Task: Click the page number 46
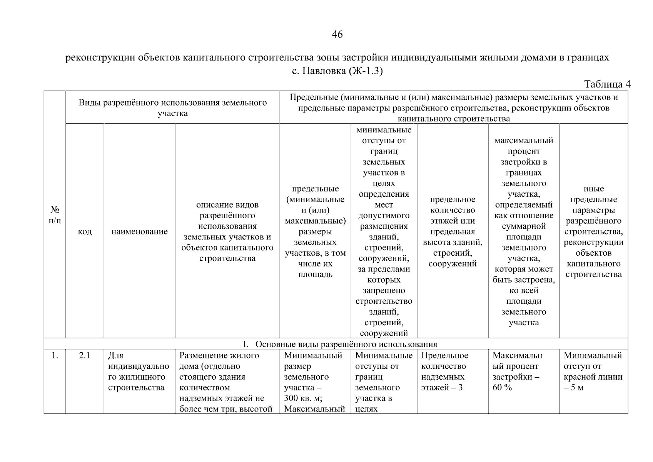(x=337, y=35)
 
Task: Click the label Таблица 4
(x=607, y=84)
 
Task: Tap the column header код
(x=85, y=231)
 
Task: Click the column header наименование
(x=139, y=231)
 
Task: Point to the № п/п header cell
(x=55, y=215)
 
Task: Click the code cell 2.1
(x=85, y=355)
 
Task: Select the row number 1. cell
(x=55, y=355)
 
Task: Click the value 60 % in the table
(x=502, y=388)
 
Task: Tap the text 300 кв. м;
(x=303, y=398)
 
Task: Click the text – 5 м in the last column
(x=574, y=388)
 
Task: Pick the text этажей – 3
(x=442, y=388)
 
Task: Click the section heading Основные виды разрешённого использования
(x=346, y=344)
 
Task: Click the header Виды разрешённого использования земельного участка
(x=173, y=108)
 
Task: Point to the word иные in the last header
(x=594, y=189)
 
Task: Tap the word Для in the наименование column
(x=116, y=355)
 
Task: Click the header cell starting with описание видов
(x=227, y=231)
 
